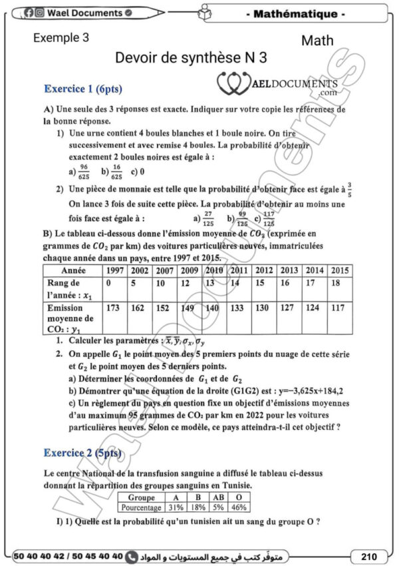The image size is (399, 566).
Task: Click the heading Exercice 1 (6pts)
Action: tap(82, 89)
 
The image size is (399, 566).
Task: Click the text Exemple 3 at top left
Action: tap(61, 39)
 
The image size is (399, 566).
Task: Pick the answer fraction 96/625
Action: tap(84, 171)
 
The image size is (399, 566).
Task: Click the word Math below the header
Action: tap(317, 41)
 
